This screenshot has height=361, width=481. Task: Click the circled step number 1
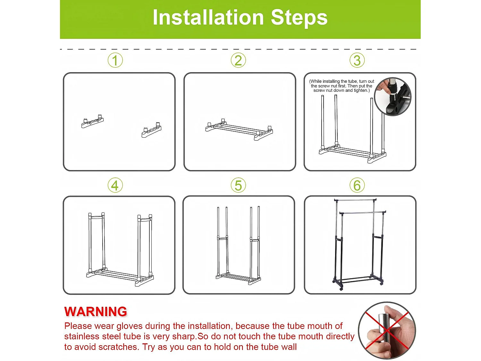tap(115, 60)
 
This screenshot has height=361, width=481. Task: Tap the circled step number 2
tap(238, 60)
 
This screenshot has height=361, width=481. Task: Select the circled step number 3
tap(357, 60)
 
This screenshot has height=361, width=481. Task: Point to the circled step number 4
tap(115, 185)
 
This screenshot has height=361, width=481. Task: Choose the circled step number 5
tap(238, 185)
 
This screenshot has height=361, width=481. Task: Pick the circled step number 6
tap(357, 185)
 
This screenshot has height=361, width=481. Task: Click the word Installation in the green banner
tap(208, 18)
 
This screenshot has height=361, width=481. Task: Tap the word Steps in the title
tap(299, 18)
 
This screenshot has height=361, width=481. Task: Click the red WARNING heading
tap(96, 312)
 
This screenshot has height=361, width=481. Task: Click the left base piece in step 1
tap(92, 121)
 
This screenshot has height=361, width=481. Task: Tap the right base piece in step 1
tap(151, 130)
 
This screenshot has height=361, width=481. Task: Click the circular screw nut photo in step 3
tap(393, 97)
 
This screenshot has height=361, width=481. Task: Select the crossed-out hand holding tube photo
tap(387, 331)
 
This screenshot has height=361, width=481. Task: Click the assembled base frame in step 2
tap(239, 130)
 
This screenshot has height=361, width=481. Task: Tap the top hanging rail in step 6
tap(355, 200)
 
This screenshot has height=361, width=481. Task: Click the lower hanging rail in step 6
tap(362, 212)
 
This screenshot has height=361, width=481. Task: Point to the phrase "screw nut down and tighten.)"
tap(342, 90)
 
